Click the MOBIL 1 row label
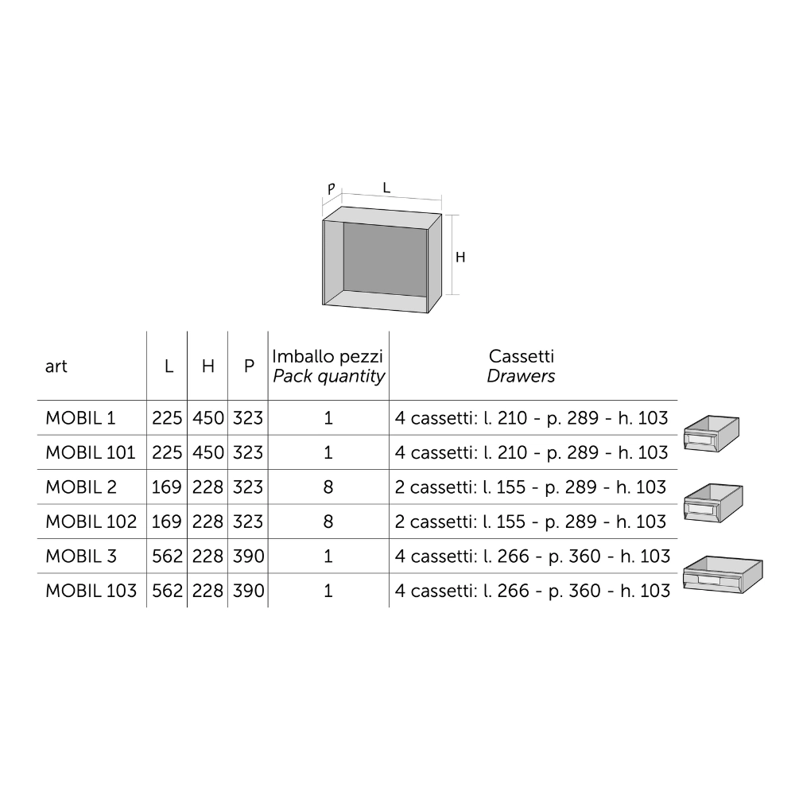pos(80,418)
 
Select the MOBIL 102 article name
pos(91,522)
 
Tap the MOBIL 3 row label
pos(81,556)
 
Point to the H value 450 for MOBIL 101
pos(207,453)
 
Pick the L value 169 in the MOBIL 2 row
pos(167,487)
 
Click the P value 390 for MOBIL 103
pos(248,591)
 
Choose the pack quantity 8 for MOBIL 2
pos(328,487)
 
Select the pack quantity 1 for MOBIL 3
pos(328,556)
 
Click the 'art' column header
pos(56,366)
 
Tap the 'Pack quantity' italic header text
pos(328,377)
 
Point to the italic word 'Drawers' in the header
pos(521,376)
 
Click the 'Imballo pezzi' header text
pos(328,356)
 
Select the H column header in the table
pos(207,366)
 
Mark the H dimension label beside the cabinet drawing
pos(460,258)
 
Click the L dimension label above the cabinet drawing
pos(386,188)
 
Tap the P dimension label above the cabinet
pos(331,189)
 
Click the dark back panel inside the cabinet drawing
pos(386,258)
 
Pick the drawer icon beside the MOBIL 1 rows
pos(712,433)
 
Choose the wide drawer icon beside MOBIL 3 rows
pos(723,575)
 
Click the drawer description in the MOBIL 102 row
pos(530,522)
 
